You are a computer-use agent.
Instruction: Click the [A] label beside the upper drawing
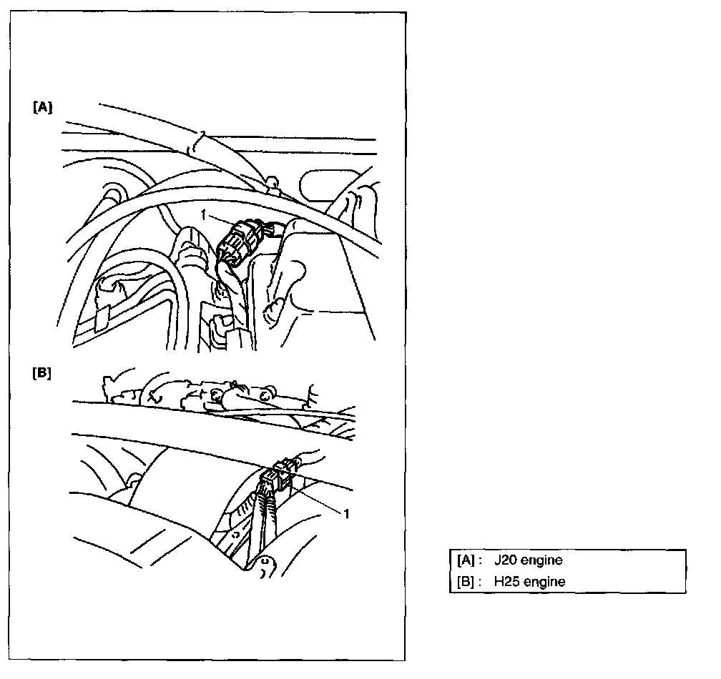42,107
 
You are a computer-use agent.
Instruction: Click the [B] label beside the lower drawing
42,374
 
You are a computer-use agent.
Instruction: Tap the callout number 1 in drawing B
348,512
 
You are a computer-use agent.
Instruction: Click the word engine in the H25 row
545,582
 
